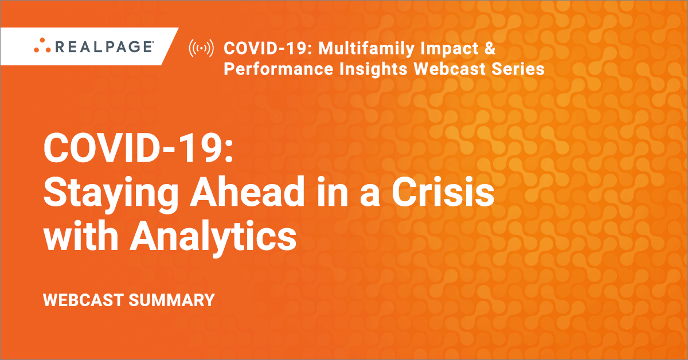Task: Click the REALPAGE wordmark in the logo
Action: (x=104, y=46)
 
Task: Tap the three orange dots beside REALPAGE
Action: (x=42, y=45)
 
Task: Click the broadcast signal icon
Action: (x=201, y=48)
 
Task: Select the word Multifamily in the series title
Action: (x=366, y=49)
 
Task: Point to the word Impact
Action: (x=449, y=49)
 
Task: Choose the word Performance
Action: (x=278, y=69)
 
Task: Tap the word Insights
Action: (x=373, y=69)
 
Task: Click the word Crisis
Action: (x=443, y=191)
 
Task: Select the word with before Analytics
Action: (x=81, y=235)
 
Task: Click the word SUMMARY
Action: (x=171, y=300)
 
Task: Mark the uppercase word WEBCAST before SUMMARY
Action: (x=84, y=300)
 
